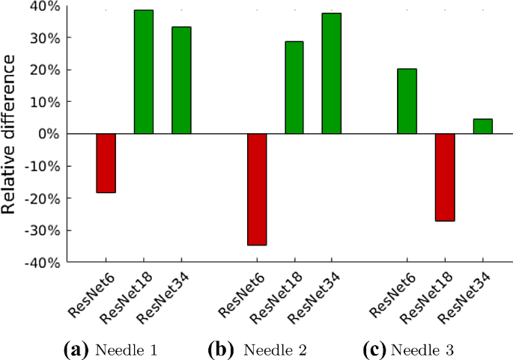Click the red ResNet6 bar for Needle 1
106,163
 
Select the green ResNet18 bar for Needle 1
144,72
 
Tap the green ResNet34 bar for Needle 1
181,80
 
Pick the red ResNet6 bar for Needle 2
257,189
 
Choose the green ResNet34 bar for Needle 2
332,73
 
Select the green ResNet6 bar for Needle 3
407,101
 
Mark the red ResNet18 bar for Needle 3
445,177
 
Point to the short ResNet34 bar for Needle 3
482,126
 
